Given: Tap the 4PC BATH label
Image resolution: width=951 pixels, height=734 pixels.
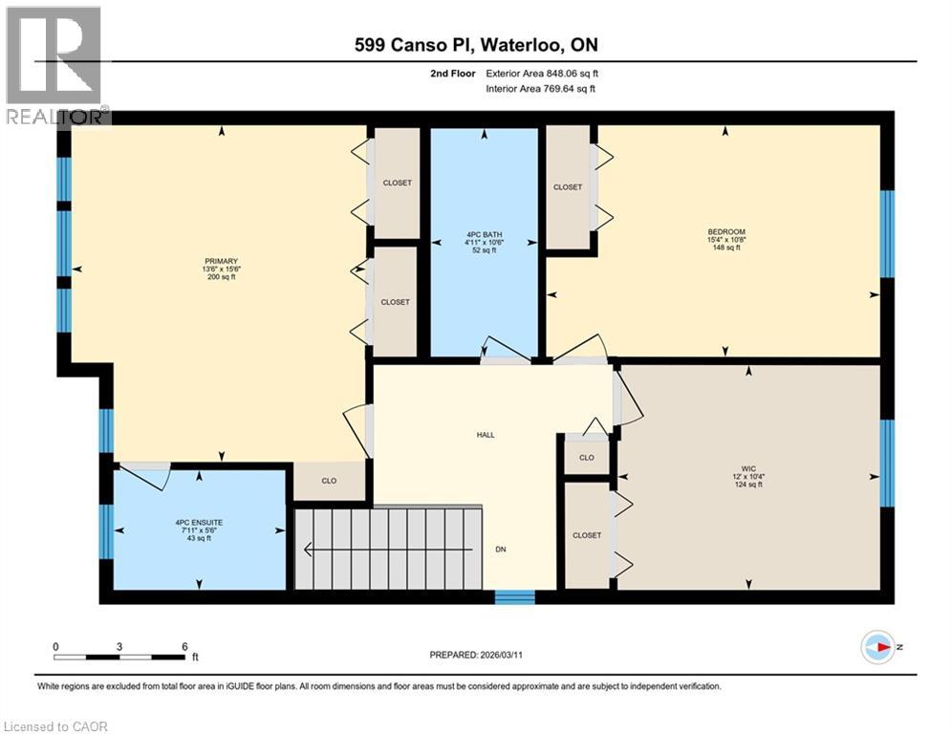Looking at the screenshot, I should click(x=486, y=234).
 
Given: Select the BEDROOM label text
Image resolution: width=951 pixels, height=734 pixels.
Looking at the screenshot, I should click(x=725, y=231).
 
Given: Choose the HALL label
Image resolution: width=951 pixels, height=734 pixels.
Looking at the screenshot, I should click(x=486, y=435).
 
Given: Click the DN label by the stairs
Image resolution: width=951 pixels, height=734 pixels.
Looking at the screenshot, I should click(x=500, y=550).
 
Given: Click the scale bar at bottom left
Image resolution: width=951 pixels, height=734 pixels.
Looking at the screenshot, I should click(x=120, y=656).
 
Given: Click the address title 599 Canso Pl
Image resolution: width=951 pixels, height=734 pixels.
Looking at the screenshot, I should click(x=475, y=45).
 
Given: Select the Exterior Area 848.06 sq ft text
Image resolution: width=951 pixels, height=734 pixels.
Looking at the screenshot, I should click(x=542, y=73).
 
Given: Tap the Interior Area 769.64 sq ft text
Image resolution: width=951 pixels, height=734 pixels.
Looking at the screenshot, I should click(x=540, y=89).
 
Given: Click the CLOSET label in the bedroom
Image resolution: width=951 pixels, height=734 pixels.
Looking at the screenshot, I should click(x=568, y=187).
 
